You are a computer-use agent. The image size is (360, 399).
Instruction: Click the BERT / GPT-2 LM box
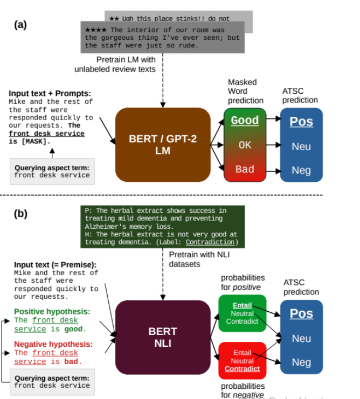pos(162,144)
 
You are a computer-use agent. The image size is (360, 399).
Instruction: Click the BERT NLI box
pos(162,337)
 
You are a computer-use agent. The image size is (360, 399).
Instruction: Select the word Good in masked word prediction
pos(245,121)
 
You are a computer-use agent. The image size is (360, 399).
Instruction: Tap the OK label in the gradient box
pos(245,145)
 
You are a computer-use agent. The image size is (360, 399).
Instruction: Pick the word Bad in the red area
pos(245,169)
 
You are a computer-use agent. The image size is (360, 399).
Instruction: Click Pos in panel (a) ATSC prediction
pos(301,122)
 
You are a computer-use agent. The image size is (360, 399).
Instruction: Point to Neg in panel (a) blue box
pos(301,170)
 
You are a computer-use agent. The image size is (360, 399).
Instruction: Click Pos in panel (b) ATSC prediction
pos(301,313)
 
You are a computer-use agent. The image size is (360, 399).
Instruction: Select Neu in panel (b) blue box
pos(301,339)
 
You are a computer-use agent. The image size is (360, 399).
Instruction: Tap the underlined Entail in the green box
pos(242,306)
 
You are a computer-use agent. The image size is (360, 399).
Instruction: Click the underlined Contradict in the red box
pos(242,369)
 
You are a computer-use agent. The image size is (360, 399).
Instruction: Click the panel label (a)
pos(20,25)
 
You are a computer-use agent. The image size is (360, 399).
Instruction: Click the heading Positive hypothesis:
pos(52,311)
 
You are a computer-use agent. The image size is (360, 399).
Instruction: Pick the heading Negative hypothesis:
pos(53,344)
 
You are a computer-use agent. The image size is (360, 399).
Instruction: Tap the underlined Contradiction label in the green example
pos(208,242)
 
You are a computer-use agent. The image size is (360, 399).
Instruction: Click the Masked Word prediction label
pos(245,91)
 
